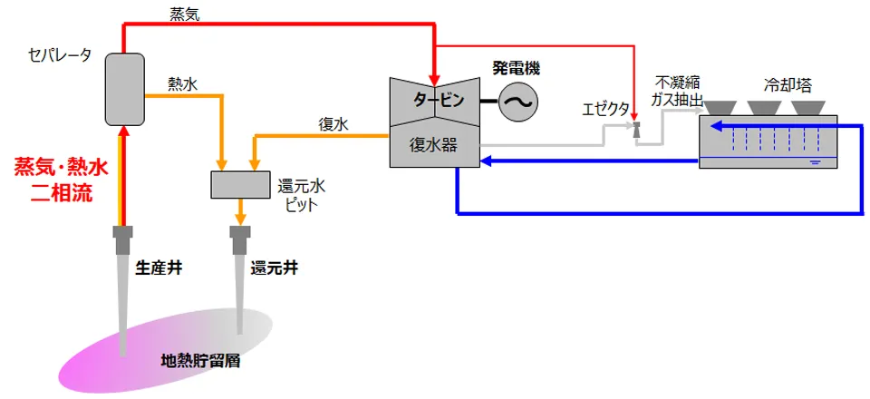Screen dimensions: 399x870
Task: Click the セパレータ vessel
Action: click(124, 89)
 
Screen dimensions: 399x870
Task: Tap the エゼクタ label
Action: click(606, 110)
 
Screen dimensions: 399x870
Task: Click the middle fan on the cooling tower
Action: click(767, 107)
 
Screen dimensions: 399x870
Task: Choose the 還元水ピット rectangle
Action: click(240, 184)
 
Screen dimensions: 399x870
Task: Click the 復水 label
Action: click(333, 123)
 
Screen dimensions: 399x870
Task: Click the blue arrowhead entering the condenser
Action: click(485, 161)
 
